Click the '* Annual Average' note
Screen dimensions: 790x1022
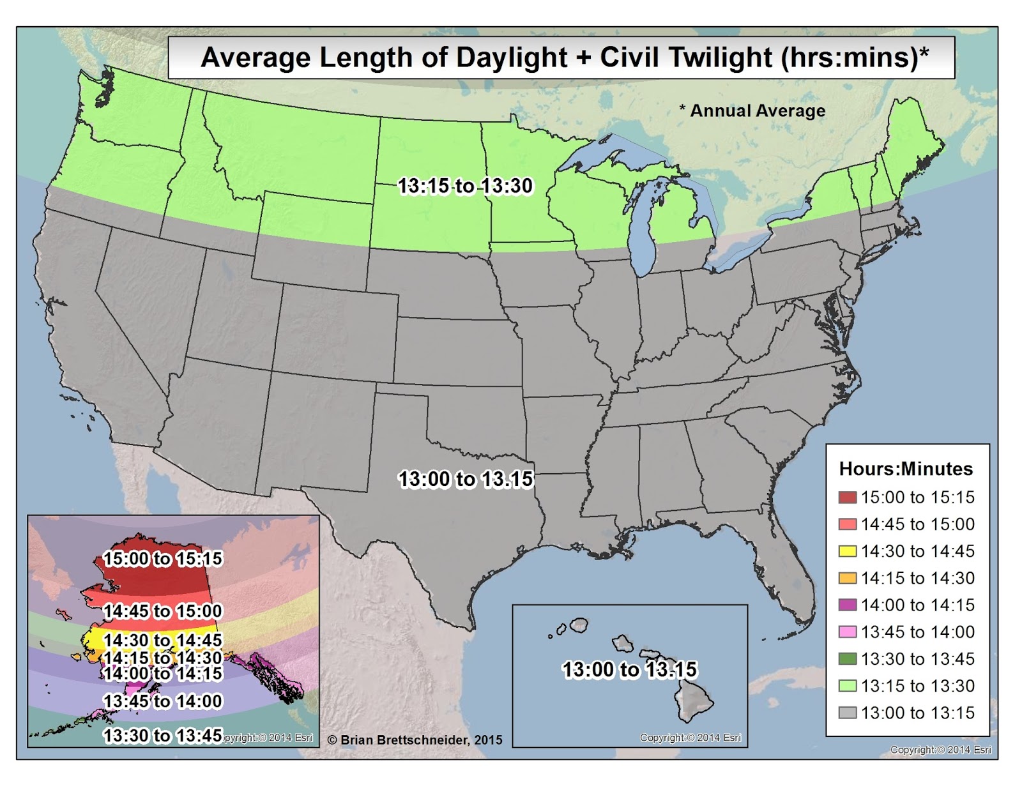(752, 111)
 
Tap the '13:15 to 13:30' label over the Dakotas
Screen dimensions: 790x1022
(465, 186)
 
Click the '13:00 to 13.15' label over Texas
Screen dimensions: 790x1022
(466, 479)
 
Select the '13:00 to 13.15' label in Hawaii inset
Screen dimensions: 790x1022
(629, 669)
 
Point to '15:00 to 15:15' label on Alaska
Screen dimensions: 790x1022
(162, 559)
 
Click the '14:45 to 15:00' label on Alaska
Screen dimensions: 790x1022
(162, 611)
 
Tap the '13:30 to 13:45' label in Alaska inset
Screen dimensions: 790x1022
(162, 736)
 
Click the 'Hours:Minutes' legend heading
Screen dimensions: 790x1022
(906, 469)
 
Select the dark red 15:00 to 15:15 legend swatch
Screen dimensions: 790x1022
(847, 498)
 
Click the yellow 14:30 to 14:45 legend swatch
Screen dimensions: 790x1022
(847, 551)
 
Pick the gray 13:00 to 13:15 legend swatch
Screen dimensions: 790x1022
(847, 713)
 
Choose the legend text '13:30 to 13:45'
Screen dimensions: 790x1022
(917, 659)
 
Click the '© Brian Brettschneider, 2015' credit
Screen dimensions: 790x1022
(415, 740)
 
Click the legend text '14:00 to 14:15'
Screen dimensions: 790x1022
(917, 605)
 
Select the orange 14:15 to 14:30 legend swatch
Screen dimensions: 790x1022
(847, 578)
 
